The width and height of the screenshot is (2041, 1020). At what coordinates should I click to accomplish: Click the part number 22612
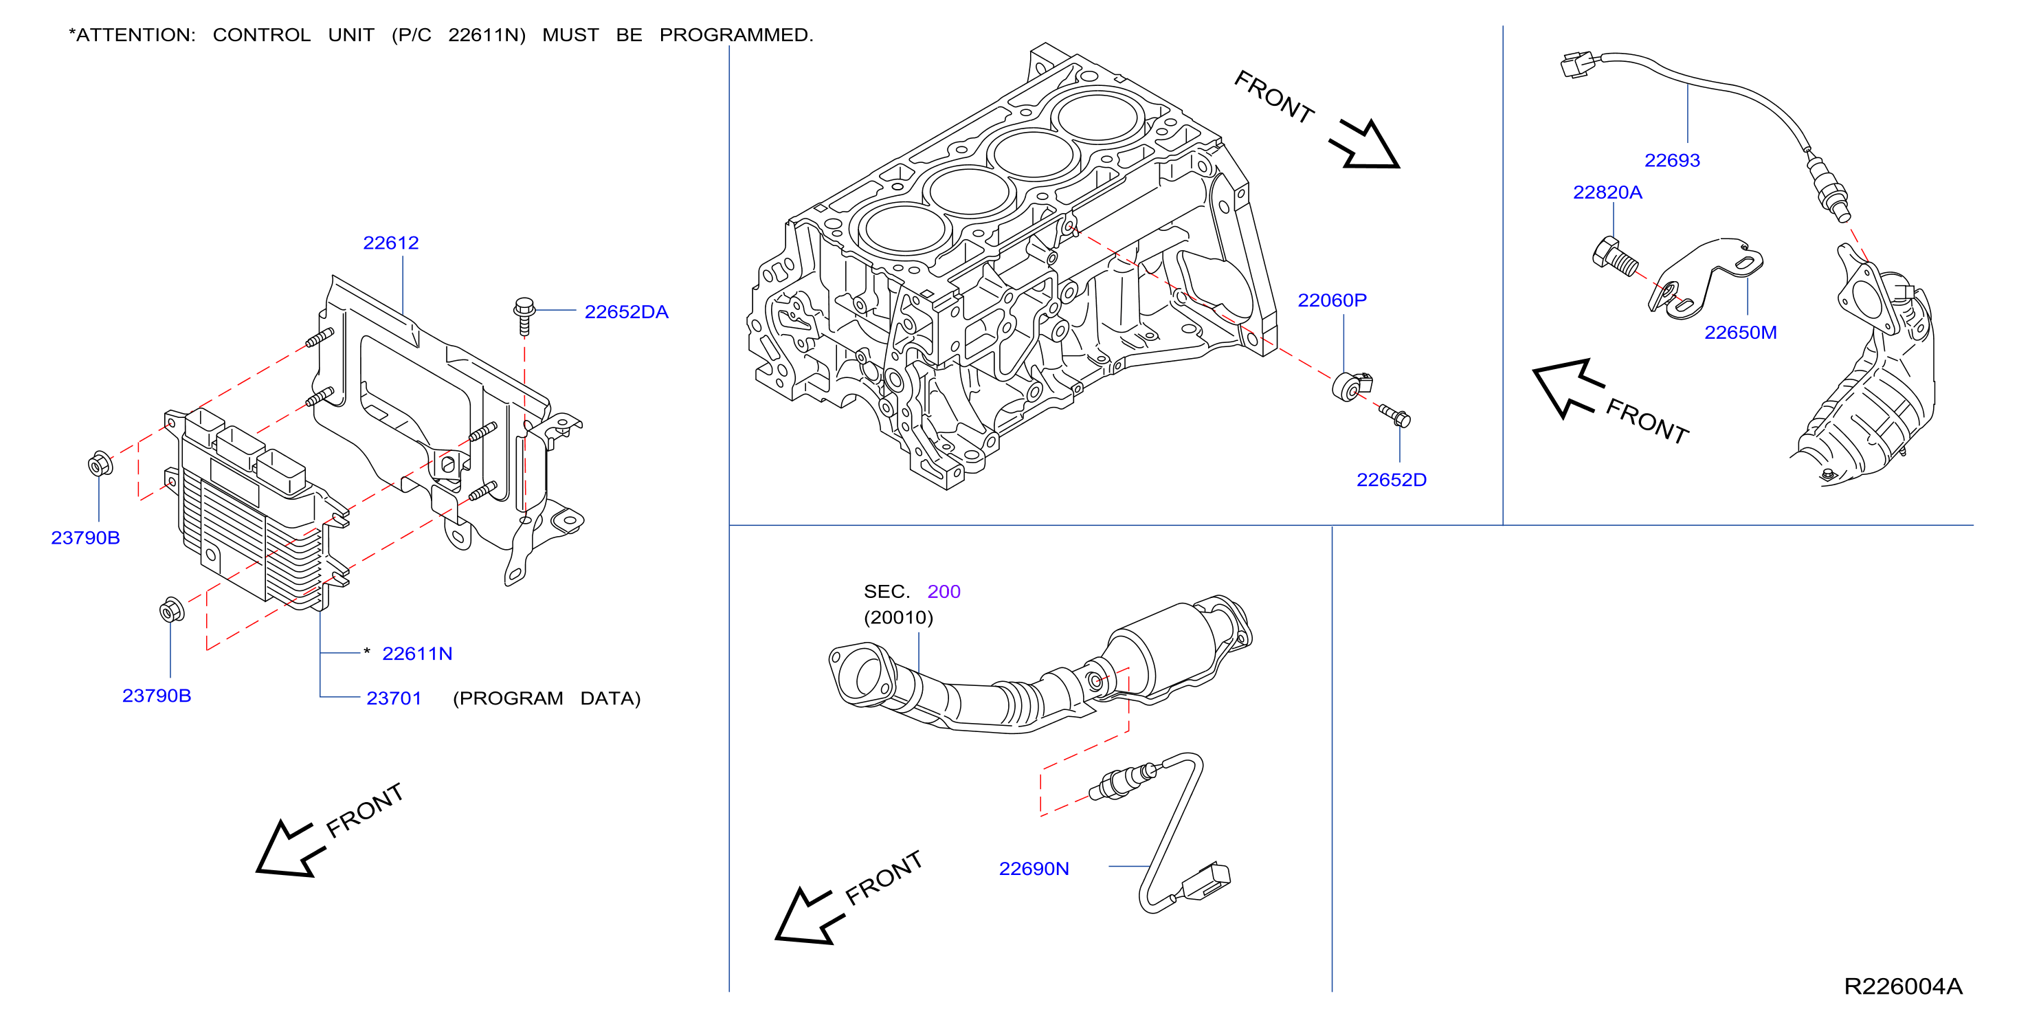pyautogui.click(x=390, y=243)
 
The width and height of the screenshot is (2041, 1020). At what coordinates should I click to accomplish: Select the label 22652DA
pyautogui.click(x=626, y=311)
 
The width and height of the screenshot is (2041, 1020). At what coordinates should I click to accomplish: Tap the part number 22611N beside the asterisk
pyautogui.click(x=416, y=653)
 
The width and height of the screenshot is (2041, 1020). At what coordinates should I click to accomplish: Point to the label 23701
pyautogui.click(x=394, y=698)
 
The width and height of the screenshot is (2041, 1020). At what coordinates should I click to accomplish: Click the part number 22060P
pyautogui.click(x=1332, y=300)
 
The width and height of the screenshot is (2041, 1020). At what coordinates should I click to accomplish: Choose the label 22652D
pyautogui.click(x=1392, y=480)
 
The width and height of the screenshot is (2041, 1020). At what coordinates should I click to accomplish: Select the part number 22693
pyautogui.click(x=1672, y=160)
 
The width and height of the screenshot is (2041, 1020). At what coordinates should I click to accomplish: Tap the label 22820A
pyautogui.click(x=1607, y=192)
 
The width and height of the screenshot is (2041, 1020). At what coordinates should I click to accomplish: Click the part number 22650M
pyautogui.click(x=1740, y=332)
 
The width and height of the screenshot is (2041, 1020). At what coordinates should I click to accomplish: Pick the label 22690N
pyautogui.click(x=1034, y=868)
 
